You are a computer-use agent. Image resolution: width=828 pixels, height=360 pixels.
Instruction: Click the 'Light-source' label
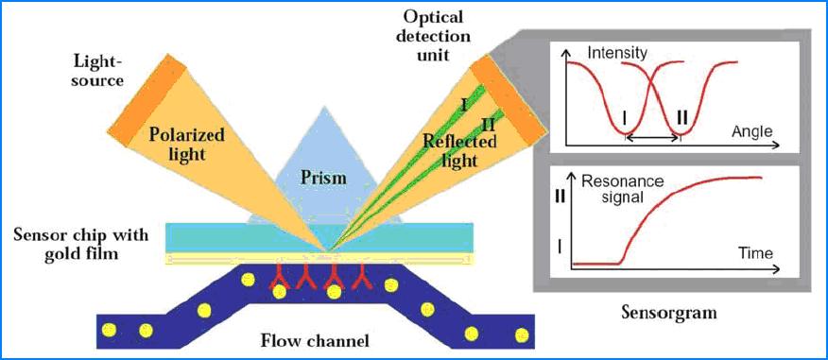click(x=98, y=71)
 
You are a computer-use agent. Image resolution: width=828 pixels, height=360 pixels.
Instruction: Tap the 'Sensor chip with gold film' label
click(x=79, y=242)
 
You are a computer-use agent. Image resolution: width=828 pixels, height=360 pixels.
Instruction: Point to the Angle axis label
click(x=751, y=130)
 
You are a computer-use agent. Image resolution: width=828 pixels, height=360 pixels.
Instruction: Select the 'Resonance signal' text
click(x=623, y=189)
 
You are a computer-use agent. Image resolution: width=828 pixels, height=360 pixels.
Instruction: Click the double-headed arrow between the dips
click(x=652, y=139)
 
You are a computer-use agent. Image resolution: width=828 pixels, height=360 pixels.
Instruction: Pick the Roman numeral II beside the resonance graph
click(x=564, y=197)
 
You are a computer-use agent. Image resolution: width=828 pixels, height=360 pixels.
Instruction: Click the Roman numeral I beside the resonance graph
click(x=564, y=248)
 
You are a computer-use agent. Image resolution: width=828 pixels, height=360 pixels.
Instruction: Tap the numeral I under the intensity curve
click(x=626, y=119)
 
